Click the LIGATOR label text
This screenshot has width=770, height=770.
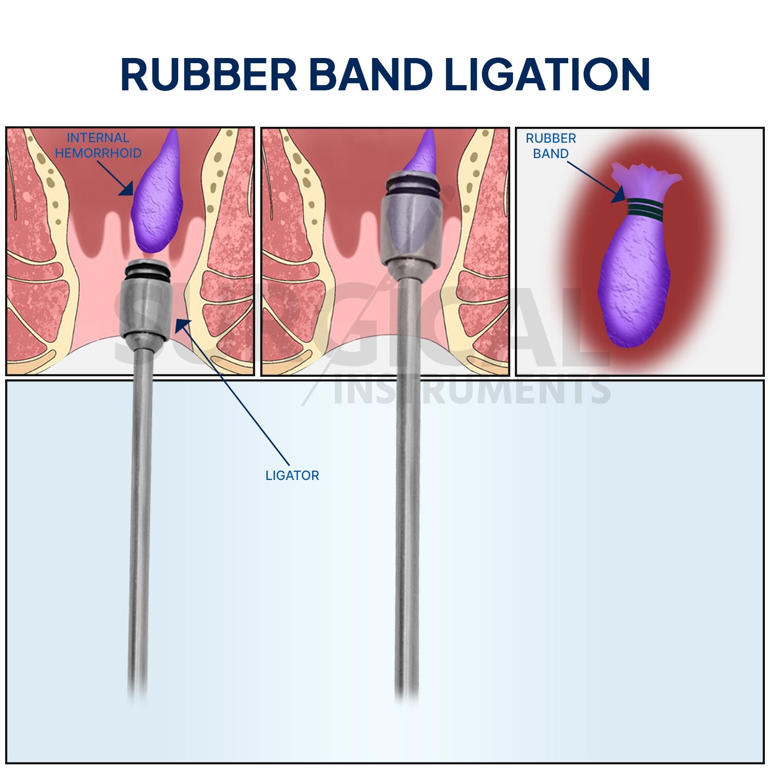point(292,475)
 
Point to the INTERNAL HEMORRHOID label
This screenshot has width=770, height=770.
point(98,145)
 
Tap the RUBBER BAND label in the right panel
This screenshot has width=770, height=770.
point(550,146)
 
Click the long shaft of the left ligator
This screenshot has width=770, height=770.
point(140,513)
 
